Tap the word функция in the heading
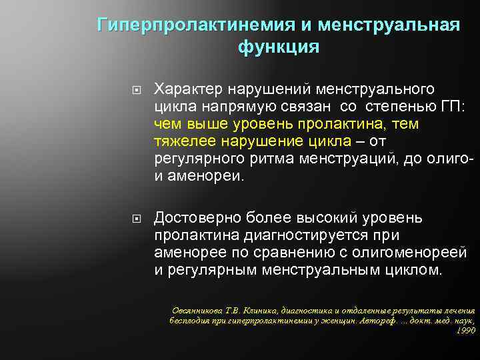click(x=277, y=48)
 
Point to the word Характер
click(x=189, y=89)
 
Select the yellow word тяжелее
click(x=182, y=141)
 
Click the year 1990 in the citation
click(x=467, y=330)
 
